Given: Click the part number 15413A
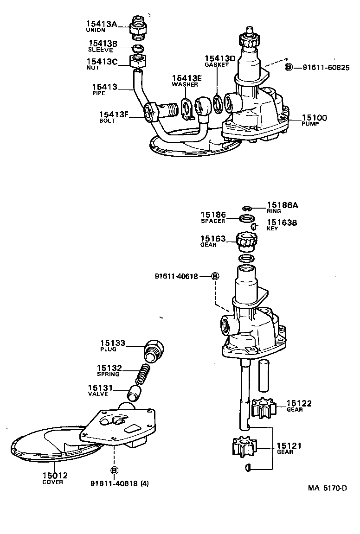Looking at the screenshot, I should (x=101, y=24).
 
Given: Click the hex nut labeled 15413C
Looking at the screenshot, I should (x=137, y=60).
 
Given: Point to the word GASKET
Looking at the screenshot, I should (x=217, y=65).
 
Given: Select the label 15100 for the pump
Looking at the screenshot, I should (x=314, y=118).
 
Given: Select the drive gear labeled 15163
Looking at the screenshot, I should (x=246, y=242).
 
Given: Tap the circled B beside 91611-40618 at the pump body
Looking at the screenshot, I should (x=215, y=276).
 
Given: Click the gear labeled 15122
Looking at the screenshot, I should (x=264, y=407).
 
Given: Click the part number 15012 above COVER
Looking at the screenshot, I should (x=55, y=475).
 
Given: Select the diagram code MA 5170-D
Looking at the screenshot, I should (x=328, y=488).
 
